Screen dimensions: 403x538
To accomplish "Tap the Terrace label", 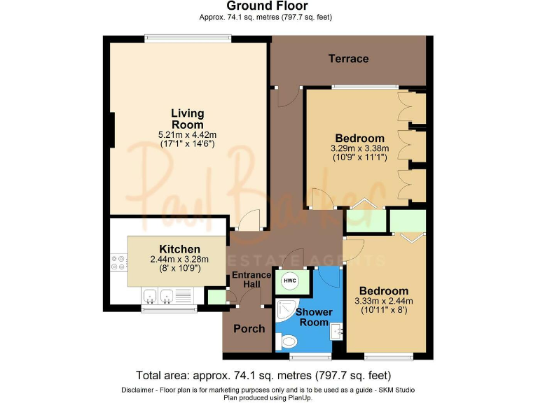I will [x=348, y=59].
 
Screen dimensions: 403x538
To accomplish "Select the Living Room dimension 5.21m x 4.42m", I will [x=188, y=135].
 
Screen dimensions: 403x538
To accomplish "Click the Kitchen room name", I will [x=180, y=249].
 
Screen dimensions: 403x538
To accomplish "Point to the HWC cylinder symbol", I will [x=289, y=281].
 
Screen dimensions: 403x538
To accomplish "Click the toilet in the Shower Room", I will [x=287, y=342].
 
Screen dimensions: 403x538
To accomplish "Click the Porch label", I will [x=249, y=328].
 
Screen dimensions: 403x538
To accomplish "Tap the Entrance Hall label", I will [x=250, y=280].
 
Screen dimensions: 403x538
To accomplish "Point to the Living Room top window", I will [x=188, y=38].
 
